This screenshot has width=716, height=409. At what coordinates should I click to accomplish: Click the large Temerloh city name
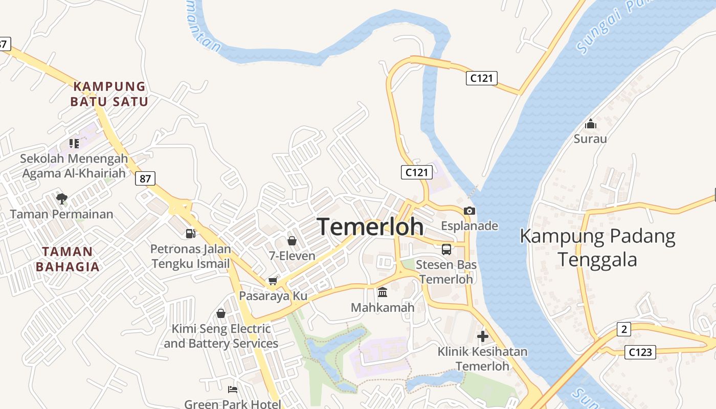click(371, 227)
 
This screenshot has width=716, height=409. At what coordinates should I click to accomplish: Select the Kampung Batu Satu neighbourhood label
click(109, 94)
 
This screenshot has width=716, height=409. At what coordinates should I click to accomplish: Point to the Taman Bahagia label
click(68, 259)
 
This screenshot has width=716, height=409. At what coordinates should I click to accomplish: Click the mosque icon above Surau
click(591, 124)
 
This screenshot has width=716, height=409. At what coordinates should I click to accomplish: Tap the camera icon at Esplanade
click(469, 211)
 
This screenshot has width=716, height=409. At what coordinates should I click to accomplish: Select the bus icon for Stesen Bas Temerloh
click(446, 249)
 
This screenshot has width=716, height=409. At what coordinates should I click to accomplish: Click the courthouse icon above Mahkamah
click(382, 292)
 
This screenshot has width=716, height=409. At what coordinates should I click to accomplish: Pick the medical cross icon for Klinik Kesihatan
click(482, 336)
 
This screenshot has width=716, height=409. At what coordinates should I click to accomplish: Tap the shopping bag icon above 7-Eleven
click(292, 240)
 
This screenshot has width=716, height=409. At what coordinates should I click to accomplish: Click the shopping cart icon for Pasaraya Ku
click(273, 281)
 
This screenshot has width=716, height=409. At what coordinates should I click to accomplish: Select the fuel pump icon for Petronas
click(190, 234)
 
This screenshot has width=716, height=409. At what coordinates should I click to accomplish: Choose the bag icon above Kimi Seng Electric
click(221, 313)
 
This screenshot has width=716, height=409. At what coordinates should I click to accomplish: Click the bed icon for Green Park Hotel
click(233, 390)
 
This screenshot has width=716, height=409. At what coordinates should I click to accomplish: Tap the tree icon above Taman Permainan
click(62, 198)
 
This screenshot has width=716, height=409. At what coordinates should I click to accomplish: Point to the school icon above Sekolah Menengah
click(74, 144)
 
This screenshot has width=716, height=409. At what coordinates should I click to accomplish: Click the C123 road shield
click(640, 352)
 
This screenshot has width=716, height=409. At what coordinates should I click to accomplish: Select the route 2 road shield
click(623, 329)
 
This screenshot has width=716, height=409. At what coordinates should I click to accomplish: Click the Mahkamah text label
click(382, 308)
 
